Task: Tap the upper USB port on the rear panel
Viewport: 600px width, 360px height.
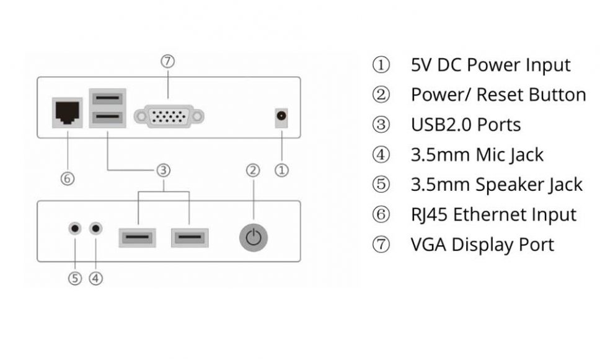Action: (108, 98)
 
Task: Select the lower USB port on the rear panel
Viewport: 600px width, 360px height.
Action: (108, 118)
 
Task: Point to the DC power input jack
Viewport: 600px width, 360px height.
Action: (282, 116)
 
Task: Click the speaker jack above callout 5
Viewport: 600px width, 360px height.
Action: (75, 228)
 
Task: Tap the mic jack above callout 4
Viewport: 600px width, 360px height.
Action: (95, 228)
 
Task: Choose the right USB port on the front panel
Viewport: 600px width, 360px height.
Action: (190, 237)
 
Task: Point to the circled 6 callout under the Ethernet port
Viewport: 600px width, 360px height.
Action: (68, 179)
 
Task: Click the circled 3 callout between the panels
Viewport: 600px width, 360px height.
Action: (163, 170)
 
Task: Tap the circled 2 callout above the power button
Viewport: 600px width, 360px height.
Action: (253, 170)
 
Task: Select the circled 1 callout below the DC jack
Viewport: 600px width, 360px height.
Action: (282, 170)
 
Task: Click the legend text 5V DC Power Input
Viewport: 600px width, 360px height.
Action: (490, 64)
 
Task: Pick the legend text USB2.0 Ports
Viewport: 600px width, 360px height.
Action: (465, 125)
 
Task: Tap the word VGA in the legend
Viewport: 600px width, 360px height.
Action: (428, 244)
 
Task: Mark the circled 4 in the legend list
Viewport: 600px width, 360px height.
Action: (381, 154)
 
